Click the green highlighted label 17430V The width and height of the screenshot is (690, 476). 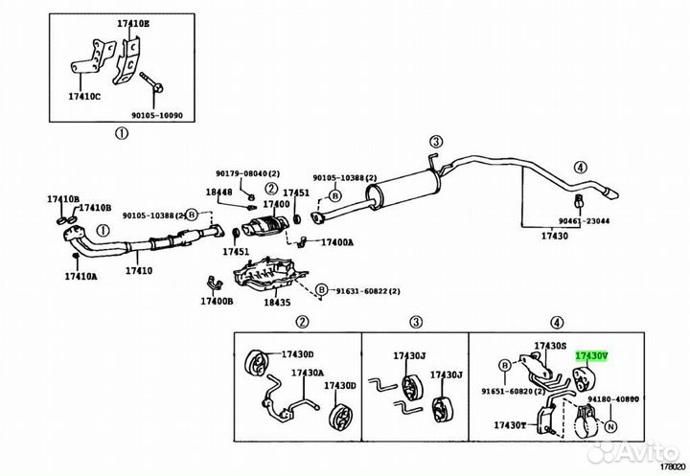tap(592, 355)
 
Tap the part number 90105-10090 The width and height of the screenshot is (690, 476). tap(156, 115)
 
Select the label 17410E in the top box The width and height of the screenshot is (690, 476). tap(133, 24)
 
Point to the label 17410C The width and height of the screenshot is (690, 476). tap(84, 96)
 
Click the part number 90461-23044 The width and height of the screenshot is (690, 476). tap(584, 221)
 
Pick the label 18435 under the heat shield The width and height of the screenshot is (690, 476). tap(277, 303)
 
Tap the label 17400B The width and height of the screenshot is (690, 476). tap(217, 301)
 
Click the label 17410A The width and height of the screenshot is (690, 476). tap(80, 276)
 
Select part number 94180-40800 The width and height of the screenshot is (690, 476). tap(613, 399)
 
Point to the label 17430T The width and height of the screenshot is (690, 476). tap(510, 425)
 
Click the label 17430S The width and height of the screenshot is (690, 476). tap(550, 346)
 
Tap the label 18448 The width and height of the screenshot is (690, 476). tap(218, 192)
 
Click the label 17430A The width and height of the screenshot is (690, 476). tap(308, 373)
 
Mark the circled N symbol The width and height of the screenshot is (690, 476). tap(610, 426)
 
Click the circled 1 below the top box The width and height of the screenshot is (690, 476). tap(122, 132)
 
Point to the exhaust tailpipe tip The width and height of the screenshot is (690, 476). tap(610, 193)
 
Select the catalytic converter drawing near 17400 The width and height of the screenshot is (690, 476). tap(265, 226)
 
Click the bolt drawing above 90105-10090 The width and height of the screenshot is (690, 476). tap(151, 81)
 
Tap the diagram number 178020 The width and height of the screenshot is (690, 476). tap(674, 465)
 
